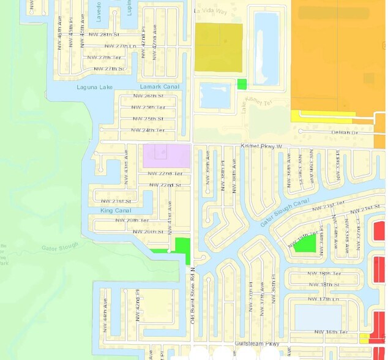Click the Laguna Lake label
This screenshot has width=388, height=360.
pyautogui.click(x=95, y=87)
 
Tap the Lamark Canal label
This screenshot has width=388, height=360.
pyautogui.click(x=160, y=87)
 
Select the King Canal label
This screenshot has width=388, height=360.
pyautogui.click(x=115, y=211)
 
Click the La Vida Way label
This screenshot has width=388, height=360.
pyautogui.click(x=210, y=11)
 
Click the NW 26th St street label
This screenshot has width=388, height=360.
pyautogui.click(x=149, y=96)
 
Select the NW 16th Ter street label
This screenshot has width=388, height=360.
pyautogui.click(x=331, y=332)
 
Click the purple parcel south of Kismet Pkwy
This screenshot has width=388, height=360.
pyautogui.click(x=166, y=156)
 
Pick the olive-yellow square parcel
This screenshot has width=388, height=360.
pyautogui.click(x=218, y=48)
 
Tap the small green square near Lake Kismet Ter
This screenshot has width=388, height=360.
pyautogui.click(x=242, y=84)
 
